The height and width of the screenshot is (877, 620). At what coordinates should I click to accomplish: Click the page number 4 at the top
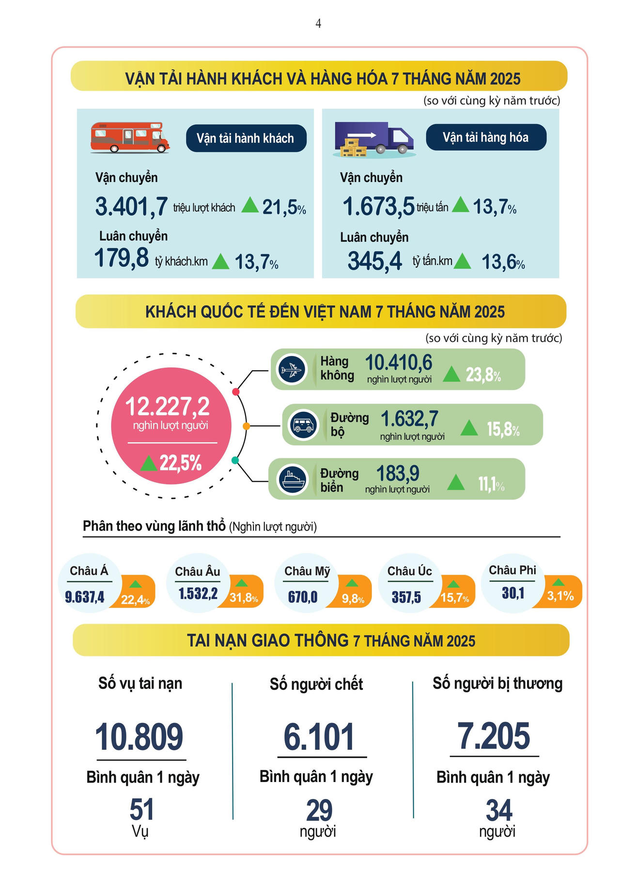318,24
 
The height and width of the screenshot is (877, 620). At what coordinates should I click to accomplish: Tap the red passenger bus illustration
130,138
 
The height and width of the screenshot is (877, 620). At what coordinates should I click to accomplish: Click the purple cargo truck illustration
374,140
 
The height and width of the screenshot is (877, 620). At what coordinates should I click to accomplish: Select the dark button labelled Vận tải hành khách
246,139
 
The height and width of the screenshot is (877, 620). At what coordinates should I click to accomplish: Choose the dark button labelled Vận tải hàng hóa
486,138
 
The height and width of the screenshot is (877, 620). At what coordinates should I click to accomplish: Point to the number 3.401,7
131,206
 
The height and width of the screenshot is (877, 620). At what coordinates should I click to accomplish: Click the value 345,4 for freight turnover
374,261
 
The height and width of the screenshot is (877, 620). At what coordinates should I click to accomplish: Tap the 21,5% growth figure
283,207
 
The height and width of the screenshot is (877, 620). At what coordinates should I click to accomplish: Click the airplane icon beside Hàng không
291,370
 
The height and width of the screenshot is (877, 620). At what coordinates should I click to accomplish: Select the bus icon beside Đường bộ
303,425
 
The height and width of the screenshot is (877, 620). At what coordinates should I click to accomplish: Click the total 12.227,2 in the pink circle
168,407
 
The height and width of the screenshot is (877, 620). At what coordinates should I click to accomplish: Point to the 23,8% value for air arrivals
483,375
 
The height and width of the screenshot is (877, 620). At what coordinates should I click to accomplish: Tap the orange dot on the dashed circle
246,426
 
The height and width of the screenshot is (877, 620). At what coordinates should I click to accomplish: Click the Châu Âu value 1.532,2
198,594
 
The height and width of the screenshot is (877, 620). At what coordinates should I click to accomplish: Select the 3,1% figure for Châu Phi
560,595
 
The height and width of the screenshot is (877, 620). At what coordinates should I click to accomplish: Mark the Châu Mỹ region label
307,571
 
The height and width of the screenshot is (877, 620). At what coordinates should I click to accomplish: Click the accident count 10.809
139,737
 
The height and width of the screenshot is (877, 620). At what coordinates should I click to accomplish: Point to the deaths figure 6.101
319,737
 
